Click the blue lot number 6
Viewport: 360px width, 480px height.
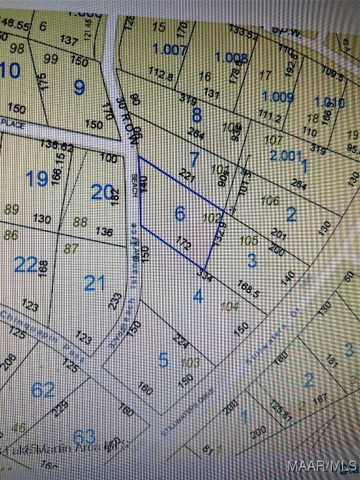180,214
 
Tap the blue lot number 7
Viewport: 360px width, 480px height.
194,159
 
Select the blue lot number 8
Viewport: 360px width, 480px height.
197,116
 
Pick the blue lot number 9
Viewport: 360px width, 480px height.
79,87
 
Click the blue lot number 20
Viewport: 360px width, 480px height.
101,192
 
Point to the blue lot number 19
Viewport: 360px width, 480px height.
37,179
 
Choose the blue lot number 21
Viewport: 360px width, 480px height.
95,283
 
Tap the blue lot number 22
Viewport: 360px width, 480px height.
26,265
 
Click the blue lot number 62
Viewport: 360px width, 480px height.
43,390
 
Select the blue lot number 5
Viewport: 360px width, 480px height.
163,360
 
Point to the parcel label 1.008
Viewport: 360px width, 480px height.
231,58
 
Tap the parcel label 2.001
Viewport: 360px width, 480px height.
286,156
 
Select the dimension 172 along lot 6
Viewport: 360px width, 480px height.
183,244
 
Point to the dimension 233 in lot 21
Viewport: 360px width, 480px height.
116,300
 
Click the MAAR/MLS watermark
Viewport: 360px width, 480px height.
321,466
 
